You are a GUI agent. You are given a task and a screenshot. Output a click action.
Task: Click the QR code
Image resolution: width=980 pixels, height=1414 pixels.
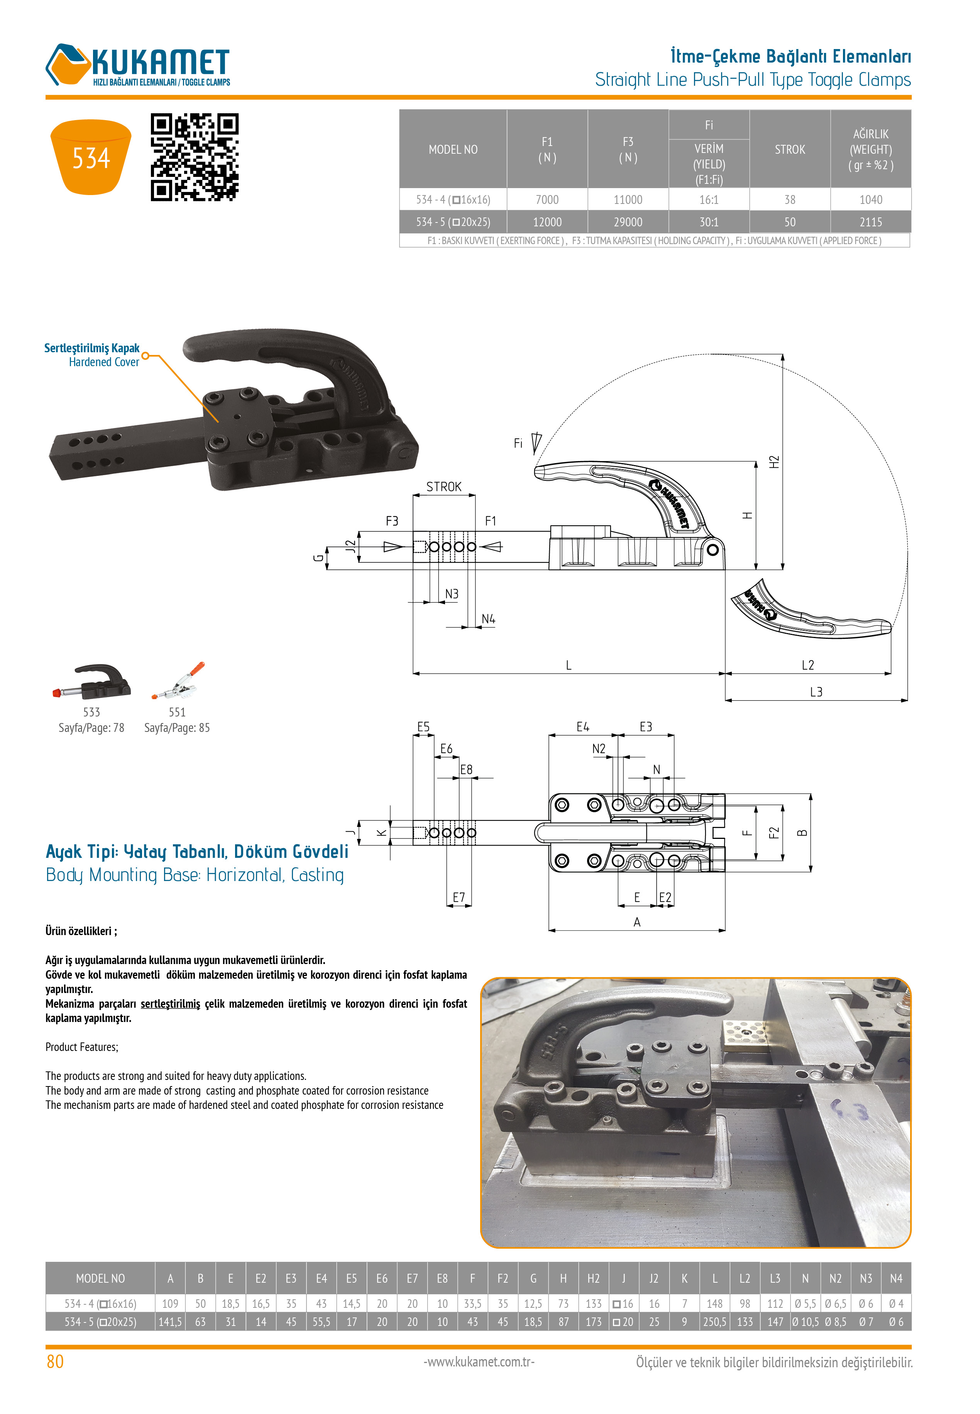194,157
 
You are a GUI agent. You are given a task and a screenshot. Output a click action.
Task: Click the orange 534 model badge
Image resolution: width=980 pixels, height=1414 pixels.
90,157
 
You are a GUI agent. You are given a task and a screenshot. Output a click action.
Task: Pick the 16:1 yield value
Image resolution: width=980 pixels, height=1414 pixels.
709,200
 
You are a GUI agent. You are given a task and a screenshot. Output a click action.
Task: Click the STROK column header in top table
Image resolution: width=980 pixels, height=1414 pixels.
790,149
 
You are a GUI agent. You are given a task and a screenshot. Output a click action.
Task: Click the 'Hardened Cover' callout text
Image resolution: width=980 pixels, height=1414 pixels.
104,362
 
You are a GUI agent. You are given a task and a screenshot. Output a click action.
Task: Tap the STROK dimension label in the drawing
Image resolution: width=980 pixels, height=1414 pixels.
443,487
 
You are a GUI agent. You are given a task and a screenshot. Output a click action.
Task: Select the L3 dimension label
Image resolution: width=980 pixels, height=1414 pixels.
816,692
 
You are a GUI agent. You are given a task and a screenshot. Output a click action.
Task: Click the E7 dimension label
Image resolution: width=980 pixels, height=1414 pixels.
459,898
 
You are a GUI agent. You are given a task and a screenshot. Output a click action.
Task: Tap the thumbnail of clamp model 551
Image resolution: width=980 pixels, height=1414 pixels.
178,681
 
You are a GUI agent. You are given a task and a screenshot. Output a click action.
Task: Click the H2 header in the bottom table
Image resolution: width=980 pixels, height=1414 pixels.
593,1278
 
